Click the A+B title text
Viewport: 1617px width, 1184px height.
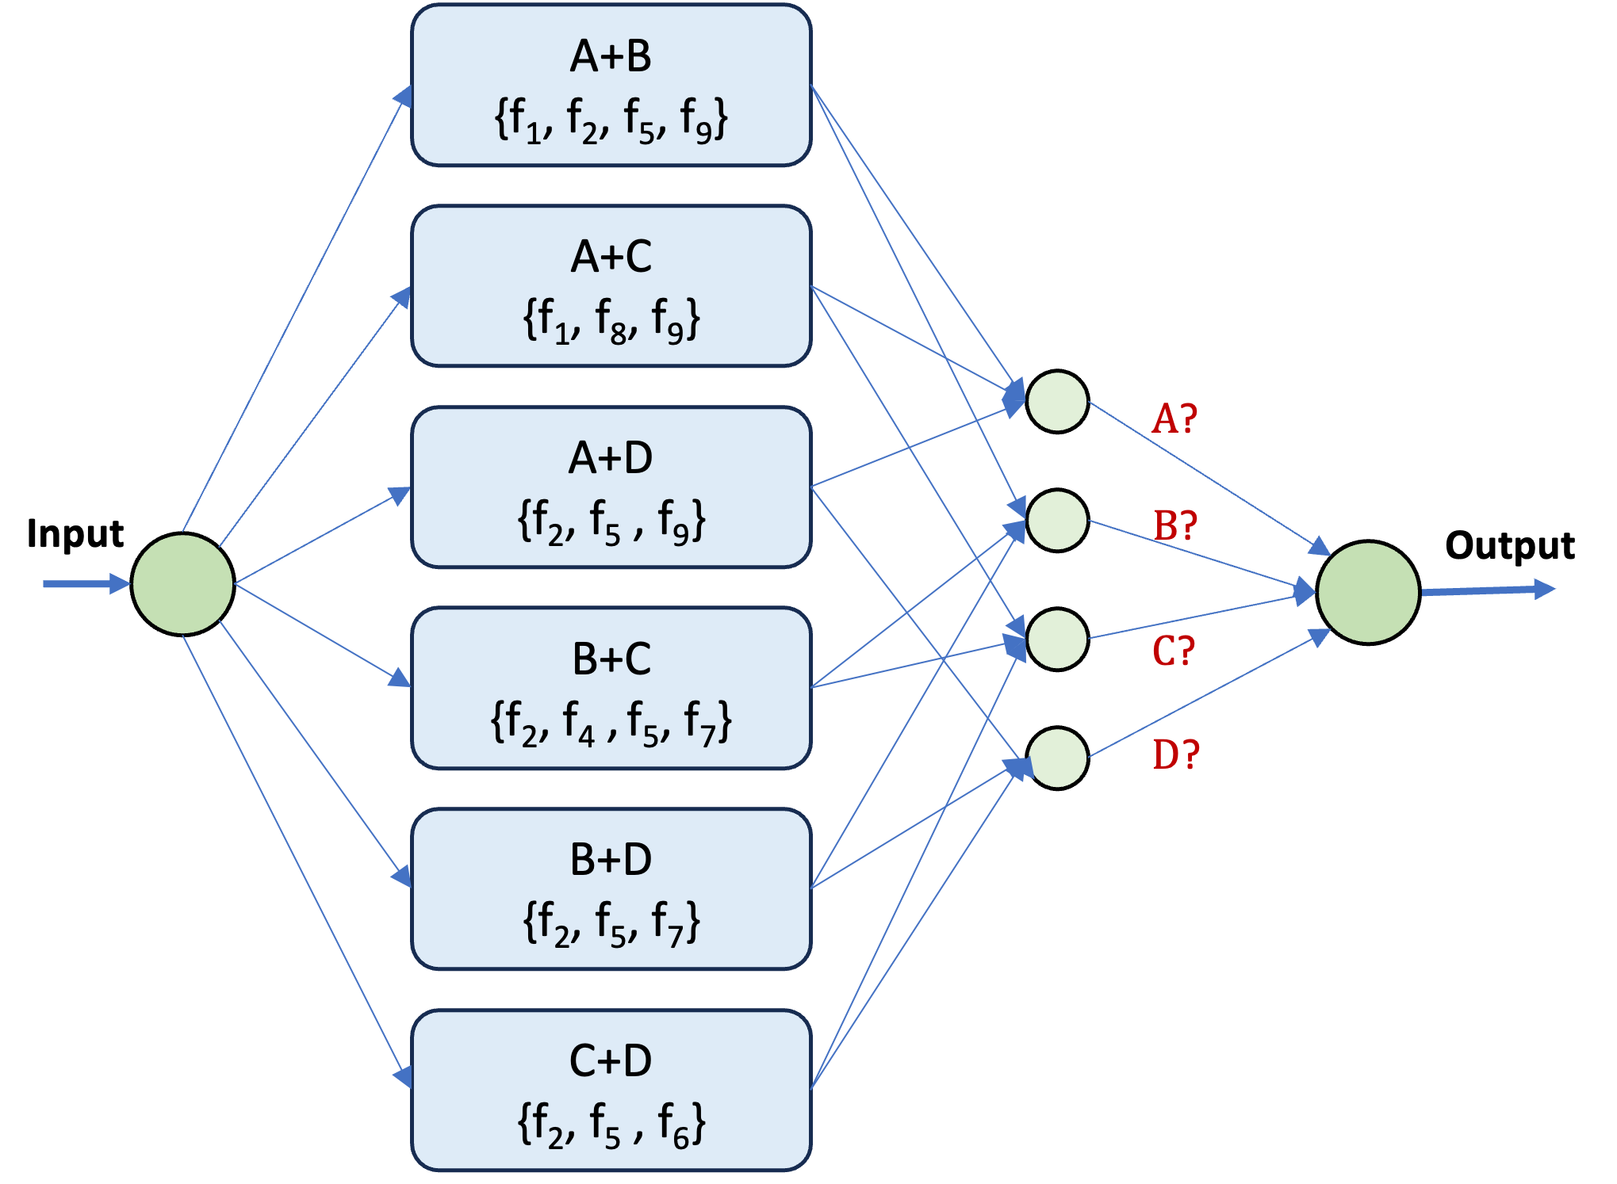click(611, 57)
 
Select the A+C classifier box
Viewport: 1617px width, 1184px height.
click(611, 286)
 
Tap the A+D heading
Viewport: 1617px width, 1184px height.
click(611, 458)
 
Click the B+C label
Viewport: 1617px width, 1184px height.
click(611, 659)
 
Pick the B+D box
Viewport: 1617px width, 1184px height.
click(611, 888)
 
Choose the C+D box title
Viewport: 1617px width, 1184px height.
click(611, 1061)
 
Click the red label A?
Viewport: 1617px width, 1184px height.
click(1174, 418)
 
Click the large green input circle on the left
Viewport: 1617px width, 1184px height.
click(182, 584)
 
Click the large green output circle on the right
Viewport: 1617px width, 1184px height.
click(1368, 592)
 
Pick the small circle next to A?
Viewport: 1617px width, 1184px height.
click(1057, 402)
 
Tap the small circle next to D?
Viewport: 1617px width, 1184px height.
click(1057, 758)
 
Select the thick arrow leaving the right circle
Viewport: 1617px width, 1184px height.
click(1487, 590)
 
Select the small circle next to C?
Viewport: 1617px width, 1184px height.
click(1057, 639)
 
